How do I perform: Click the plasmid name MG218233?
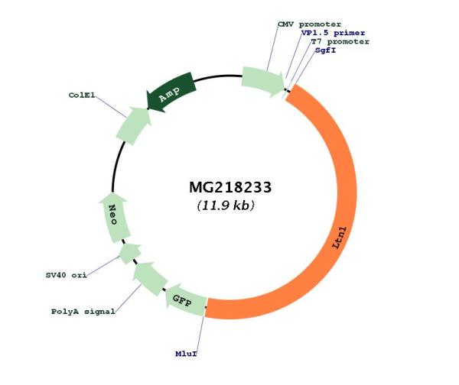[x=229, y=188]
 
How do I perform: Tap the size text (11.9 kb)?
[x=226, y=205]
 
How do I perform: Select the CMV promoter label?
[x=309, y=24]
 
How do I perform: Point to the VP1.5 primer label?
[x=333, y=34]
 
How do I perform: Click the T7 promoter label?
[x=340, y=42]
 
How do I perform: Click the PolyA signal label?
[x=83, y=312]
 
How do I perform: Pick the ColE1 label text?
[x=82, y=96]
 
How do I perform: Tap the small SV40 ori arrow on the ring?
[x=130, y=251]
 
